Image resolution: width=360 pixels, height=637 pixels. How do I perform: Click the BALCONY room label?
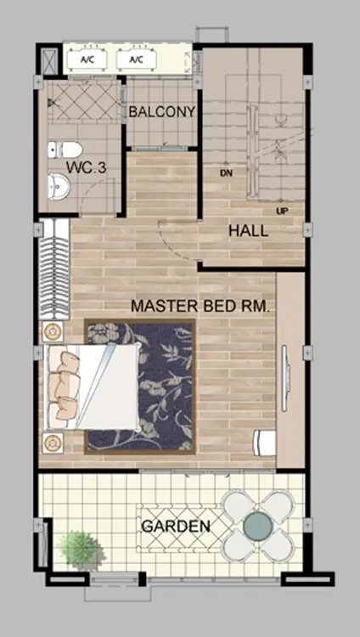point(162,112)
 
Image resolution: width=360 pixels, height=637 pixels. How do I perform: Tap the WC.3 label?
point(86,167)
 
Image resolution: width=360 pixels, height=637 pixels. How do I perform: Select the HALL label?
point(248,231)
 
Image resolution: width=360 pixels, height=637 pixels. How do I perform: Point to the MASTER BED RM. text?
point(200,306)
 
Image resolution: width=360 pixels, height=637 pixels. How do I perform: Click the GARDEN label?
point(176,527)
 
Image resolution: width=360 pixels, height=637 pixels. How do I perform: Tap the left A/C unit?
point(87,59)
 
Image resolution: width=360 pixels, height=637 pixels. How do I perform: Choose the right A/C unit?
point(136,59)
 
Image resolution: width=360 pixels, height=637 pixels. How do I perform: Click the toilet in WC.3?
point(65,149)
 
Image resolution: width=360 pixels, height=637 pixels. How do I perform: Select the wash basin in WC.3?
point(59,187)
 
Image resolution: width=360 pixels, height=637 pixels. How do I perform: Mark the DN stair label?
point(226,173)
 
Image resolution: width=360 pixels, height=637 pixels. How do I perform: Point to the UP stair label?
point(282,211)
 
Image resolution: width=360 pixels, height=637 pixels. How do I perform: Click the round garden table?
point(257,526)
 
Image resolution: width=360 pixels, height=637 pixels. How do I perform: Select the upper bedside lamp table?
point(52,332)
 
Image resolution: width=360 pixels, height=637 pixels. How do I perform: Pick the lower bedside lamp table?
point(53,443)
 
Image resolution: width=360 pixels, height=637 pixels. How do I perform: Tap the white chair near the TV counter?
point(264,443)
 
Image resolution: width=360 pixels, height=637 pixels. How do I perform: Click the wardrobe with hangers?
point(53,269)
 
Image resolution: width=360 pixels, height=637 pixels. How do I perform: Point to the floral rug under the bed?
point(140,386)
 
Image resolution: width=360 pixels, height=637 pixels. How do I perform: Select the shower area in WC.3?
point(84,101)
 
